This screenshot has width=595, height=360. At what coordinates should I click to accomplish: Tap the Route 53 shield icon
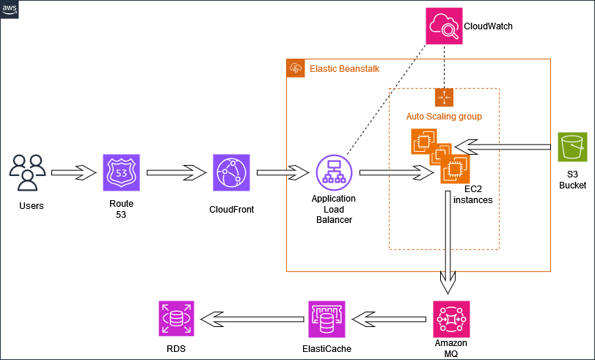(120, 173)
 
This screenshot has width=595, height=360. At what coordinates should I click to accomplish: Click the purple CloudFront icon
(231, 173)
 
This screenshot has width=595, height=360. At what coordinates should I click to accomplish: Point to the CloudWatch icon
(444, 26)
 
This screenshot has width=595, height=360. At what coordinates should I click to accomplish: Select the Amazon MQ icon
(451, 318)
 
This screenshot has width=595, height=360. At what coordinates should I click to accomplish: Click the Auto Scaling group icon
(445, 98)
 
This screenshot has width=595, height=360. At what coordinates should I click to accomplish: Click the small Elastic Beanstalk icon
(296, 68)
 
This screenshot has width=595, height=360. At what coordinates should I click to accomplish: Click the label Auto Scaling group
(444, 117)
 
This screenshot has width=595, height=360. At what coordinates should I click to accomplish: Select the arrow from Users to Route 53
(74, 173)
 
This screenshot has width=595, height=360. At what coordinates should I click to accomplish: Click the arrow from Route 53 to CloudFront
(175, 173)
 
